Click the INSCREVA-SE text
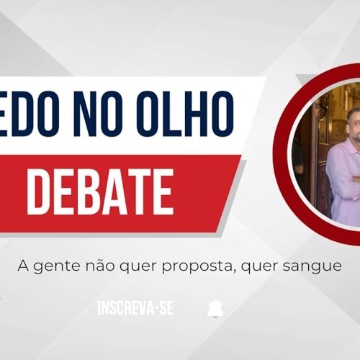[135, 308]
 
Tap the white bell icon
[215, 308]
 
